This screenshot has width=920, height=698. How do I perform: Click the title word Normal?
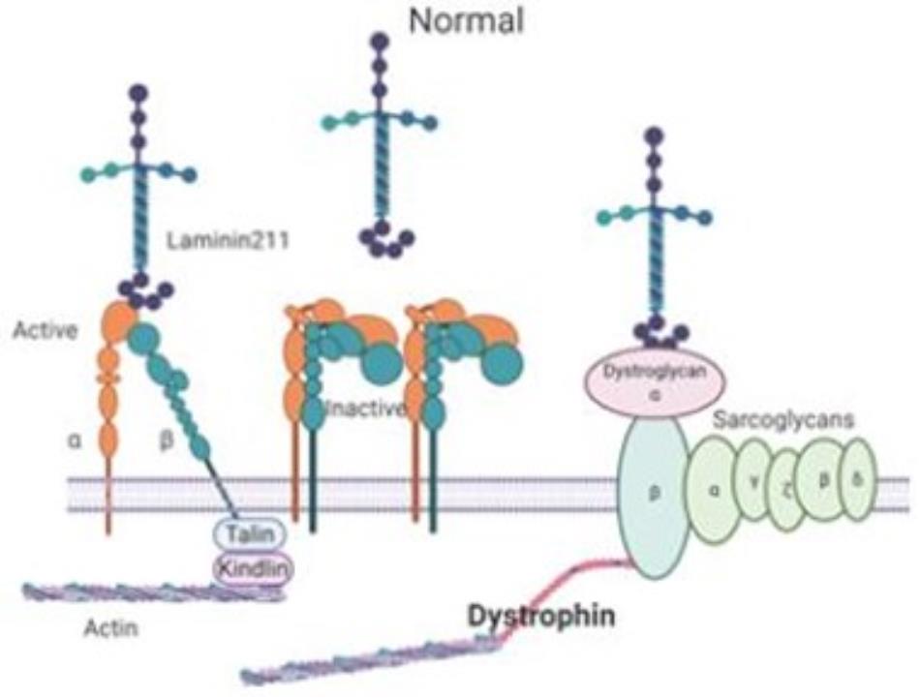(x=466, y=21)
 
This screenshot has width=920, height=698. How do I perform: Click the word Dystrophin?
(x=541, y=617)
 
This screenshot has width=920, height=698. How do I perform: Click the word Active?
(x=45, y=331)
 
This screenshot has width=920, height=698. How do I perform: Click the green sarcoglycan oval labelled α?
(x=715, y=490)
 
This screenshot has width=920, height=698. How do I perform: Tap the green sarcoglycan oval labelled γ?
(x=755, y=482)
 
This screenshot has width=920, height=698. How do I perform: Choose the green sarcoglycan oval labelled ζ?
(x=786, y=493)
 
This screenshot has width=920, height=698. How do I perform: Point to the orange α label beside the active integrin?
(x=74, y=440)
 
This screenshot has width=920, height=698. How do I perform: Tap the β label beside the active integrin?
(x=164, y=440)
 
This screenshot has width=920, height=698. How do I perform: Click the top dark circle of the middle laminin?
(x=379, y=41)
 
